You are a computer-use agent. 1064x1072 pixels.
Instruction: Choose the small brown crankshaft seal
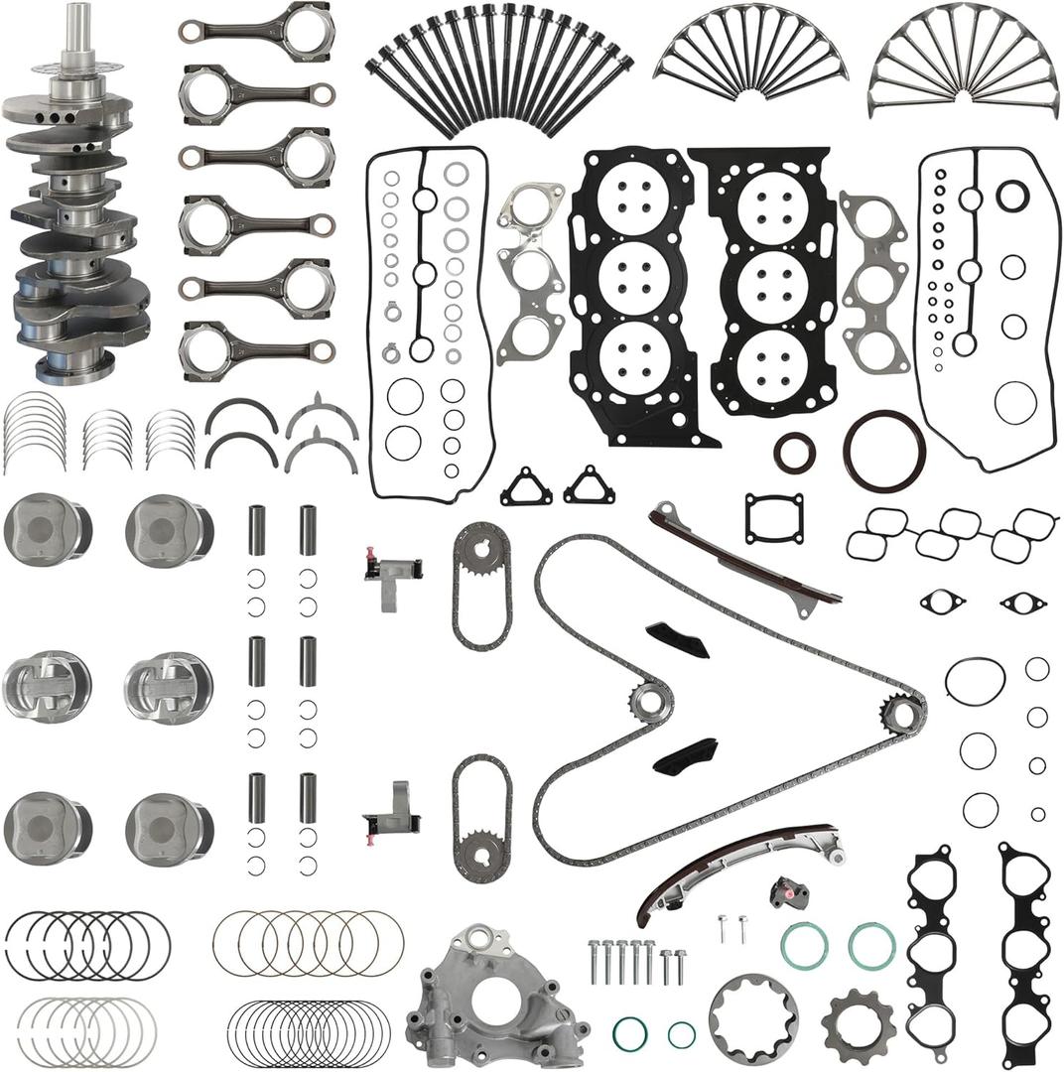[x=795, y=453]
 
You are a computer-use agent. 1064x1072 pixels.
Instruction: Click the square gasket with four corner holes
[x=774, y=518]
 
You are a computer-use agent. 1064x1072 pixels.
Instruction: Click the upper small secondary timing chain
[x=482, y=586]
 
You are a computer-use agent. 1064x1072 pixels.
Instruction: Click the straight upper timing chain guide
[x=743, y=561]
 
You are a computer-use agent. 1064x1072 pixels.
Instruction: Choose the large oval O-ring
[x=975, y=680]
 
